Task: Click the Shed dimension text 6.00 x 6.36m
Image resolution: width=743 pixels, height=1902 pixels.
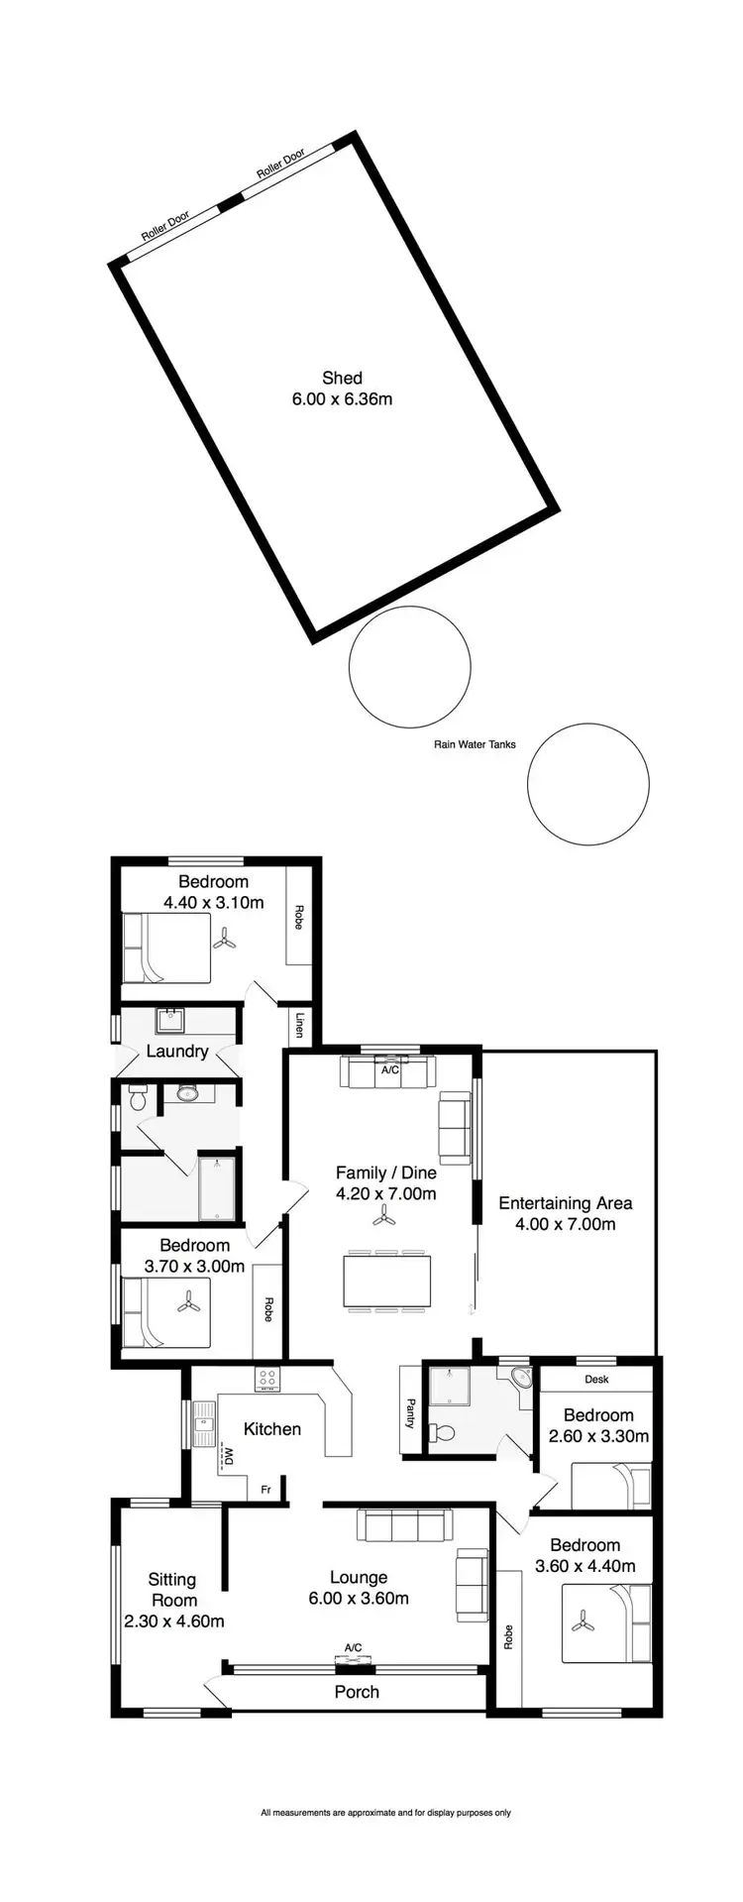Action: pos(342,399)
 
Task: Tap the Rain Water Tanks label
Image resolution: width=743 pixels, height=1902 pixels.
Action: pos(475,744)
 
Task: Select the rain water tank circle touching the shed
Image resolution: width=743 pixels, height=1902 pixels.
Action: pos(409,667)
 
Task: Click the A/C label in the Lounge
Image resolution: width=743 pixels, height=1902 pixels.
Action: pos(353,1648)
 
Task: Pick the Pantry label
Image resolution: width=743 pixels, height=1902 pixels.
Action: pos(410,1413)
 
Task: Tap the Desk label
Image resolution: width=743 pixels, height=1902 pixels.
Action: pos(596,1379)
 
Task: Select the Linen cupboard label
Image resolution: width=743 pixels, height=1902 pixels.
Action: pos(299,1025)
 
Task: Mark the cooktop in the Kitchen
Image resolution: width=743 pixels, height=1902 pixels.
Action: pos(267,1378)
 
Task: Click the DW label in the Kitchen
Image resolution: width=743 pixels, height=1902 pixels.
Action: pos(228,1456)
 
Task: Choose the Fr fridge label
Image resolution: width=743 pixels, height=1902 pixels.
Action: pos(265,1490)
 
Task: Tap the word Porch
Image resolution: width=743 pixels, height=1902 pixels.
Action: pos(357,1692)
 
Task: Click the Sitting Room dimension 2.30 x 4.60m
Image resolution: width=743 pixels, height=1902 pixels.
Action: pos(174,1622)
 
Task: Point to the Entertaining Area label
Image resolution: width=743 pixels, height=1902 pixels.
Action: pos(565,1203)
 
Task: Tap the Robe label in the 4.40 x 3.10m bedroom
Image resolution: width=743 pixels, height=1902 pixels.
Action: pos(298,917)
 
